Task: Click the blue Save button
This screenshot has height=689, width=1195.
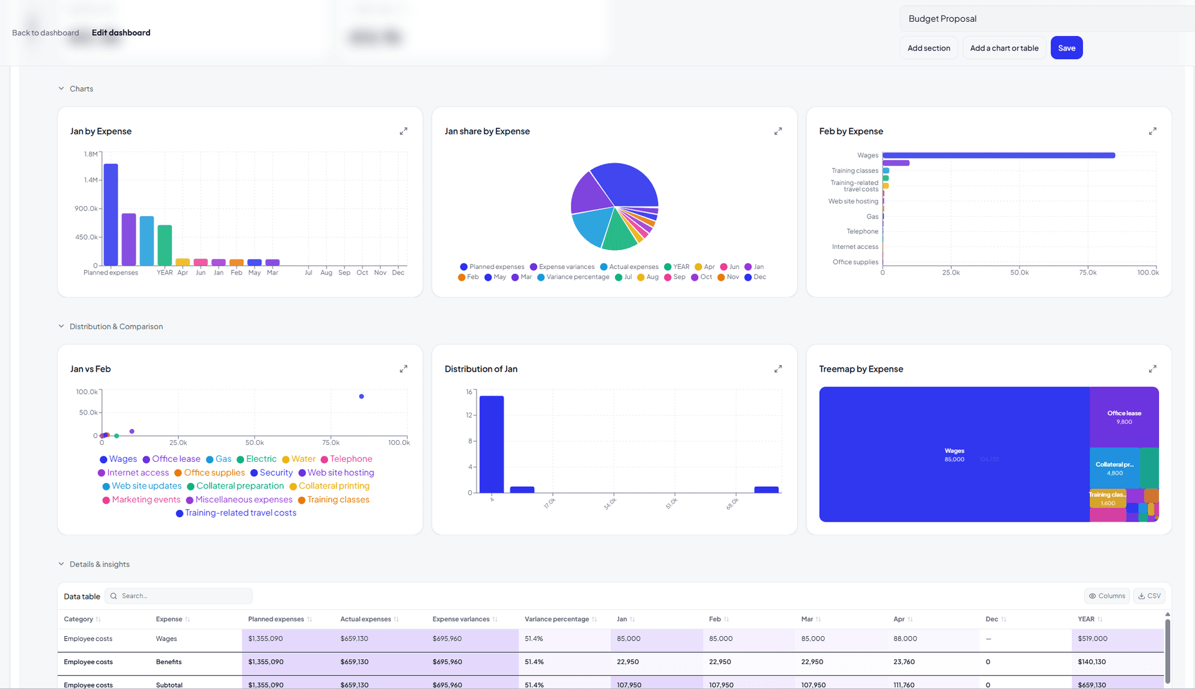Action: (1066, 48)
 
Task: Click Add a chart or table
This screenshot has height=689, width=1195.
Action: (1004, 48)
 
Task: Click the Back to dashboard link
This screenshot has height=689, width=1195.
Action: (45, 33)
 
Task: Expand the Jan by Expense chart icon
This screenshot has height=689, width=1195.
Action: (403, 131)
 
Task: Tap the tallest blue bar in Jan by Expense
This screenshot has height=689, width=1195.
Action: (111, 214)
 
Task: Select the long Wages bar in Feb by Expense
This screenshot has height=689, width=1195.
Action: (998, 156)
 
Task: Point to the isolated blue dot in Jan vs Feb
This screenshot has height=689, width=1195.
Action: (362, 396)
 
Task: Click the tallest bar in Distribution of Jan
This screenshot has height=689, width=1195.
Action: (492, 444)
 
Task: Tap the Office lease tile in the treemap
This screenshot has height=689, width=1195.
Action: (1123, 417)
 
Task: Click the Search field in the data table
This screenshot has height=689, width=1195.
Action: (184, 596)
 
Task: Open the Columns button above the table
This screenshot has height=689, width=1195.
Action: (1107, 596)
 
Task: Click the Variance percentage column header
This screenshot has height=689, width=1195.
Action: (556, 619)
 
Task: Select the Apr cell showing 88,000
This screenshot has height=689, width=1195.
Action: (905, 639)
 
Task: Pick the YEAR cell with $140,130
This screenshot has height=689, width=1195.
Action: (1092, 662)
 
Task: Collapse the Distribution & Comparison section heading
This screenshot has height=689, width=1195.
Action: (116, 327)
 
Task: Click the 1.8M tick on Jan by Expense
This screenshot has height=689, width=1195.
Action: (90, 154)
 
